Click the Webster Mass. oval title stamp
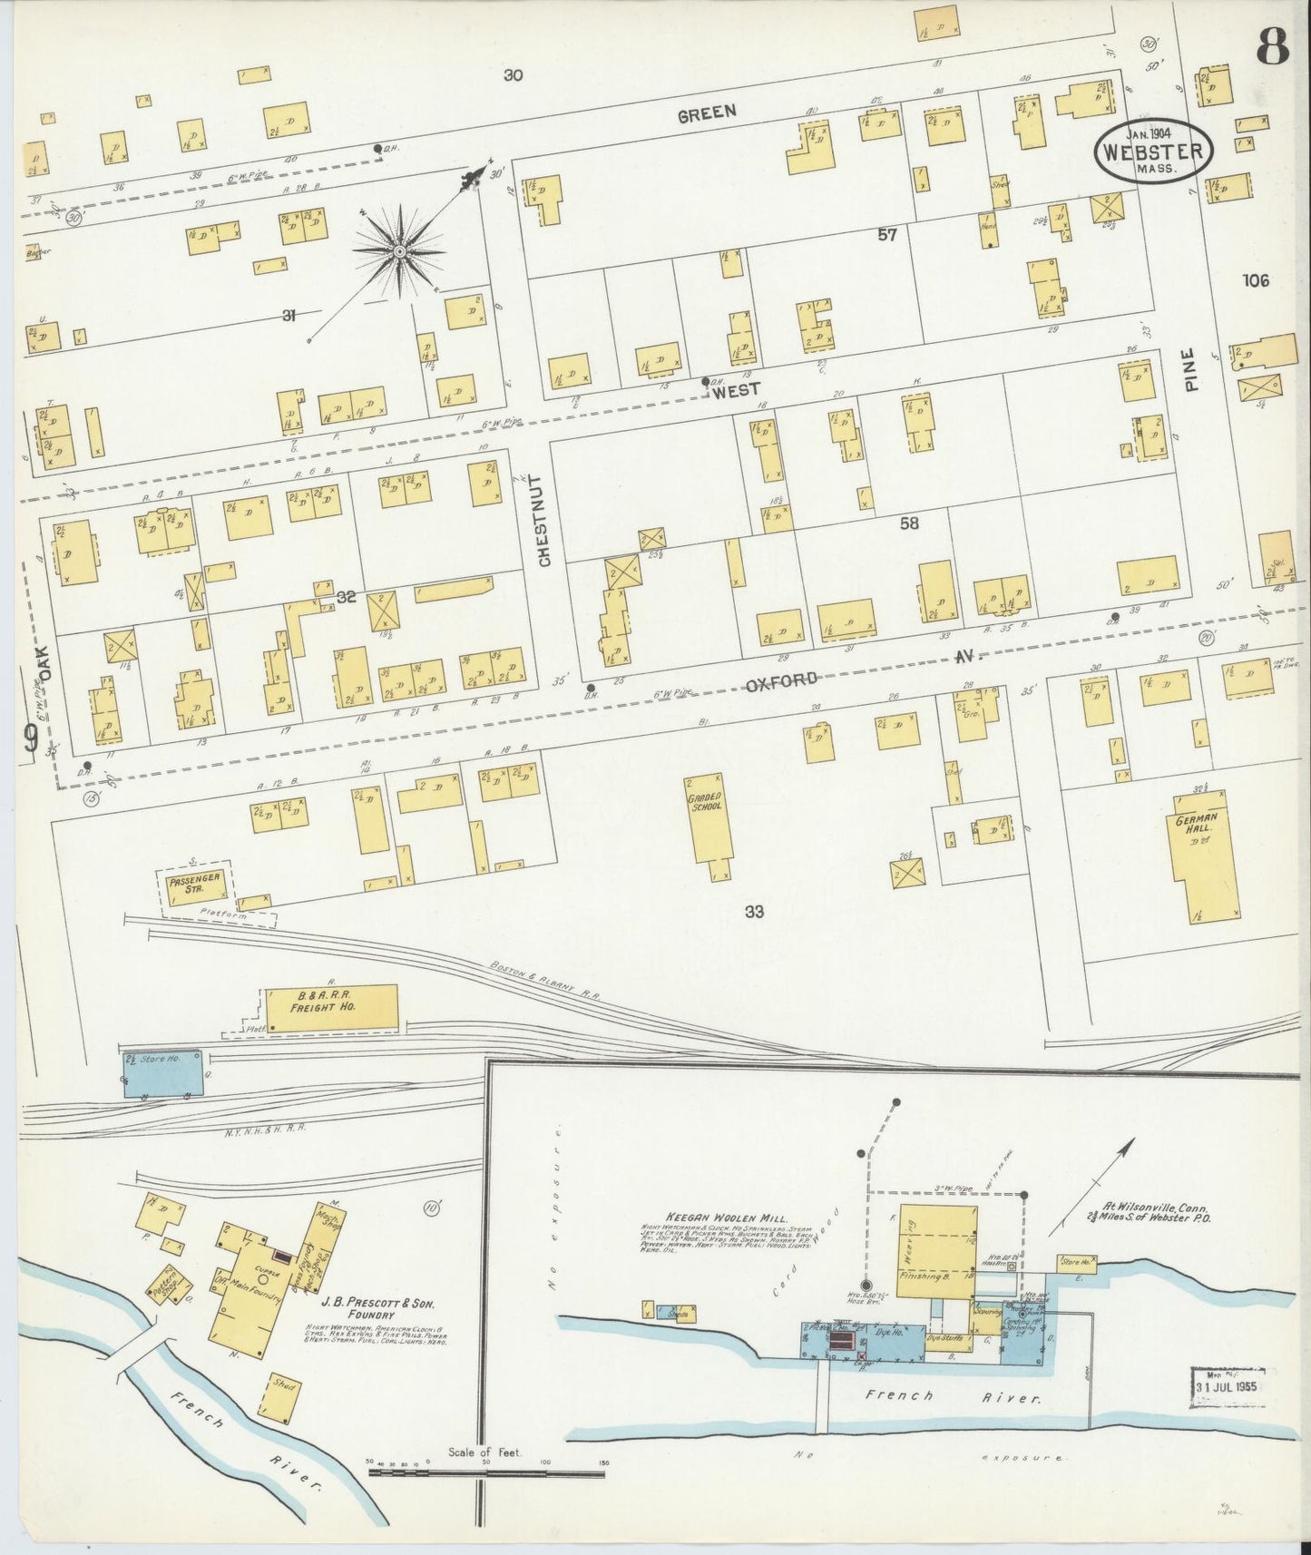tap(1154, 152)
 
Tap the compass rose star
tap(399, 248)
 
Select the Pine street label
tap(1190, 371)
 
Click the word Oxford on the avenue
tap(783, 681)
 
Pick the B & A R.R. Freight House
tap(331, 1007)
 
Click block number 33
tap(754, 913)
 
